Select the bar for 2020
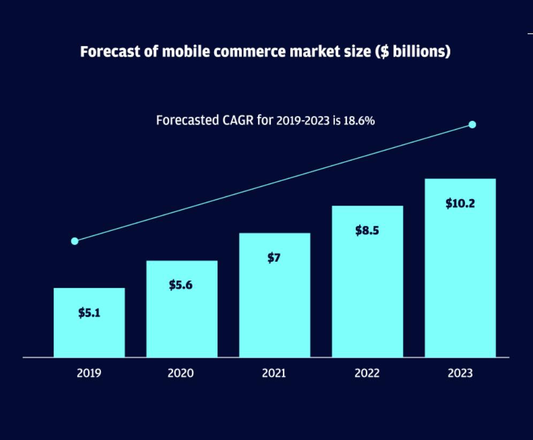182,321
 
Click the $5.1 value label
89,313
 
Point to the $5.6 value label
181,285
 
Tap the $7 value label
274,258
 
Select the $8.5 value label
367,231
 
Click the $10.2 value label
460,203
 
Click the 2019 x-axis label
89,373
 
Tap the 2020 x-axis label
181,373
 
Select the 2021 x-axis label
274,373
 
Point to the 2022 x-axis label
367,373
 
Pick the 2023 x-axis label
460,373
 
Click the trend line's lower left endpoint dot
75,241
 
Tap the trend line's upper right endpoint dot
472,125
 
